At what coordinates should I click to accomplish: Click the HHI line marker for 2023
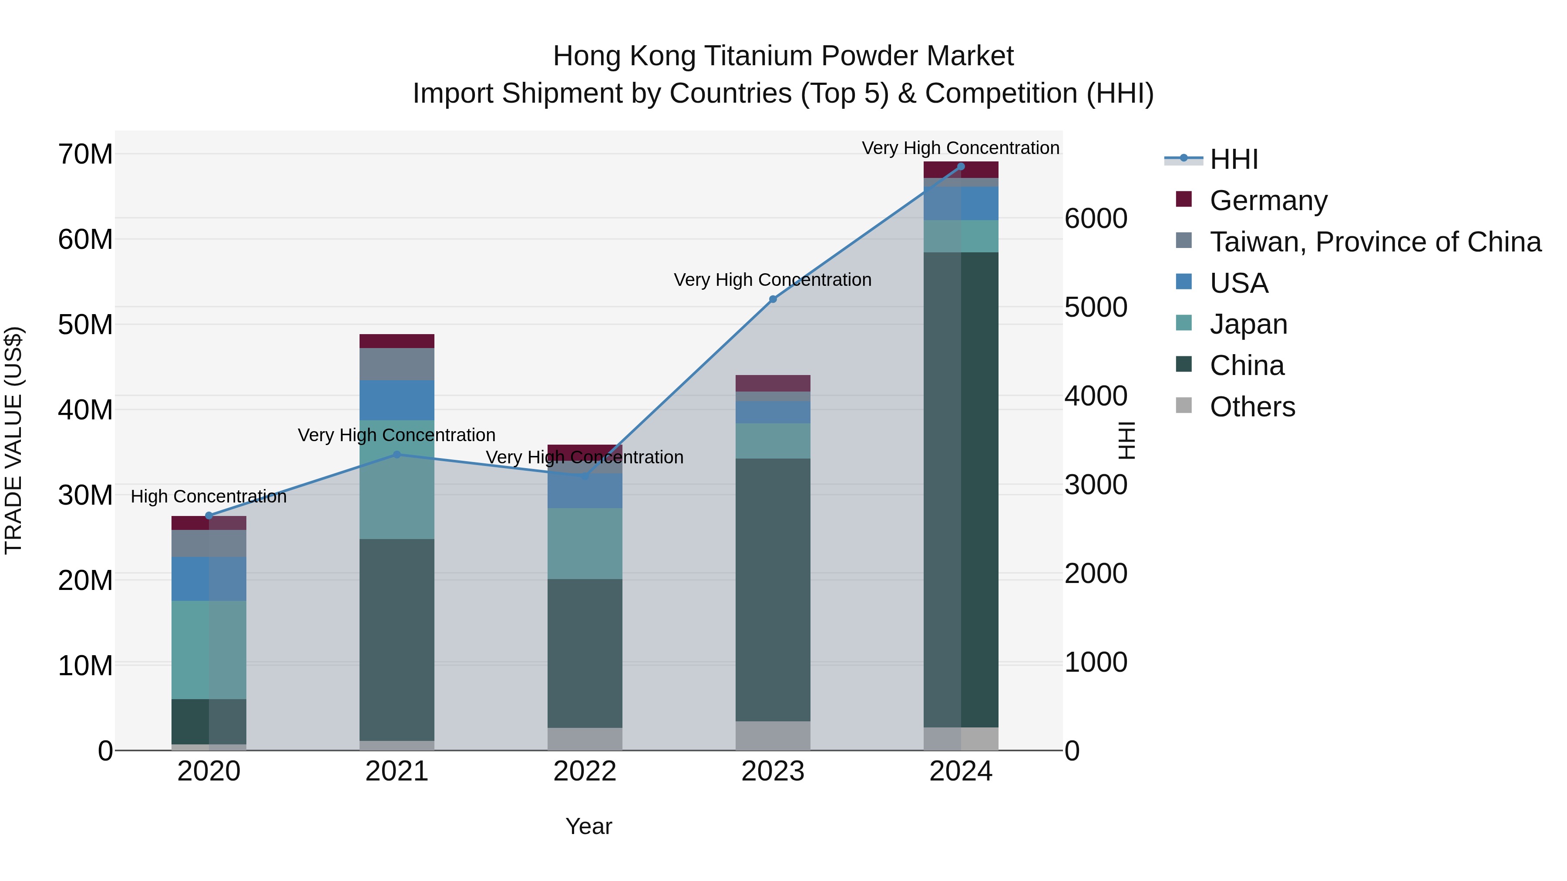[x=773, y=299]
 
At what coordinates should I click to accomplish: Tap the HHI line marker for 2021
[x=397, y=454]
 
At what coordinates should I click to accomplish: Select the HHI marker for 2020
[x=208, y=516]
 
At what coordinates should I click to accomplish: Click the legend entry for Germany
[x=1268, y=200]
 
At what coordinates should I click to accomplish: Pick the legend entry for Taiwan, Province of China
[x=1375, y=241]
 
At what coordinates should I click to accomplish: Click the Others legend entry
[x=1252, y=406]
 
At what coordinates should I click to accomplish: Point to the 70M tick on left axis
[x=85, y=154]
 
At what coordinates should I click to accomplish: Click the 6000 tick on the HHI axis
[x=1096, y=218]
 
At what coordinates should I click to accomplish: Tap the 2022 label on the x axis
[x=585, y=771]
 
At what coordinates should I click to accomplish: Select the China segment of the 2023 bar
[x=773, y=590]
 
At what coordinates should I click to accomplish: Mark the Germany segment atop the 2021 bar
[x=397, y=341]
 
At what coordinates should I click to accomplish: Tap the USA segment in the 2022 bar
[x=585, y=491]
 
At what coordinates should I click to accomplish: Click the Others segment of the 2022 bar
[x=585, y=739]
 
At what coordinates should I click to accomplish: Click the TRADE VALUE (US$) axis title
[x=13, y=440]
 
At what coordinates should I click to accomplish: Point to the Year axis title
[x=588, y=826]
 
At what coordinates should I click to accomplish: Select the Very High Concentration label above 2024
[x=960, y=148]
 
